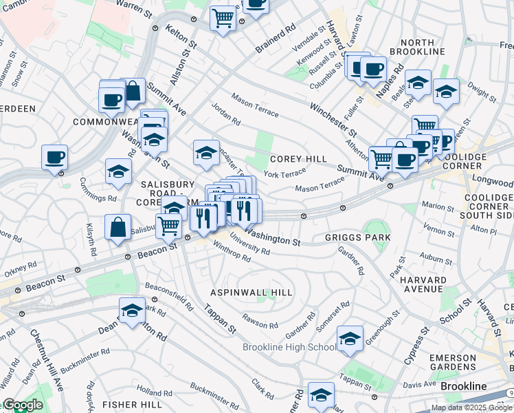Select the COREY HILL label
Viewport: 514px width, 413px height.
pos(298,159)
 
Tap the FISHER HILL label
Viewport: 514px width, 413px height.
pos(132,403)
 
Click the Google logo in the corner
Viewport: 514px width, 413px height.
pos(23,405)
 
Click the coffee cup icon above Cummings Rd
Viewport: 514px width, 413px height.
pos(54,158)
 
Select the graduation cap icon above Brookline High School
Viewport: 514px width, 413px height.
pos(350,338)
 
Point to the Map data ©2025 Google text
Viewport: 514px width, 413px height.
pos(471,407)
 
